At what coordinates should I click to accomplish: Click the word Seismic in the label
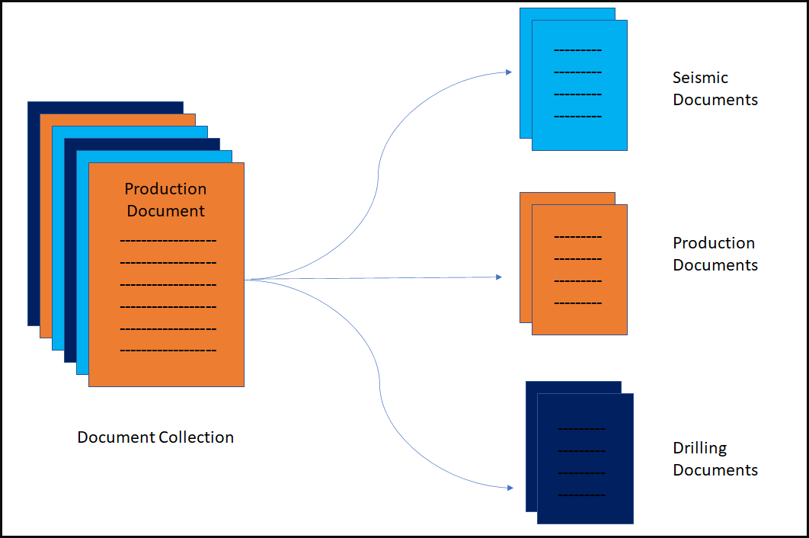700,78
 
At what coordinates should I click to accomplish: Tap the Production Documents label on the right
715,254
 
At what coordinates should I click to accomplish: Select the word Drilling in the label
699,448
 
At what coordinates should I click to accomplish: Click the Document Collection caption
155,437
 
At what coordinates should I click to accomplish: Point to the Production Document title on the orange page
166,200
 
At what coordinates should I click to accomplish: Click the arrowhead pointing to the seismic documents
508,72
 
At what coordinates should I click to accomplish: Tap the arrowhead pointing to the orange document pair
499,277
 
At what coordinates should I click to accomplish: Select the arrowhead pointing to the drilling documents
508,487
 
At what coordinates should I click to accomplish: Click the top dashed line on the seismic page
577,50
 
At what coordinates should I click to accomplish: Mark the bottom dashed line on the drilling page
582,495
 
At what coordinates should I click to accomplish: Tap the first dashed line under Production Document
168,242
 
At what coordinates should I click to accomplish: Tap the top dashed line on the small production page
577,237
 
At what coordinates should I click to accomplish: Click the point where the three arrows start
248,280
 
